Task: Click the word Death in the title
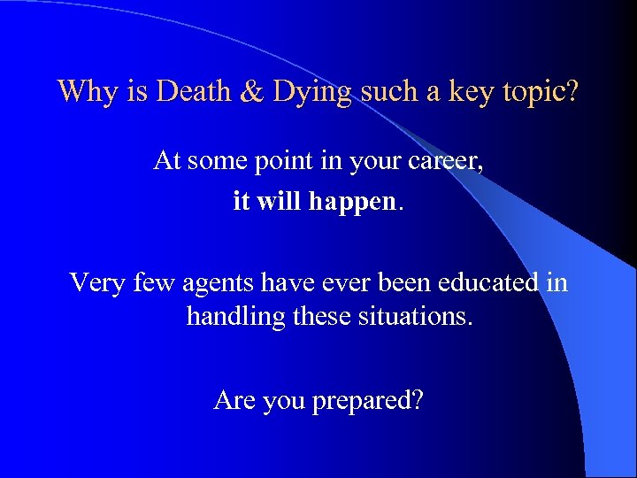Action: (x=196, y=91)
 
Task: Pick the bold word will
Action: (x=276, y=201)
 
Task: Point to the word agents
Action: (x=219, y=283)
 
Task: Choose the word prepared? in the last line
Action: (x=367, y=401)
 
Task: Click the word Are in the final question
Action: (x=234, y=400)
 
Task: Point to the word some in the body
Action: (x=213, y=161)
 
